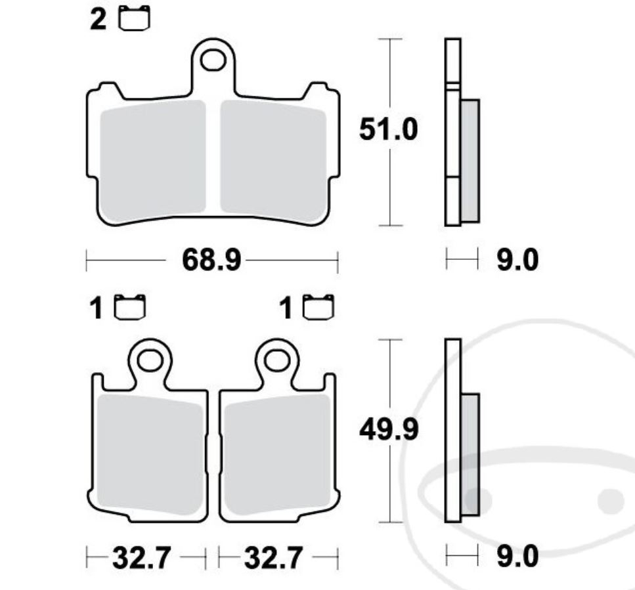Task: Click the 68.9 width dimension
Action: [x=211, y=261]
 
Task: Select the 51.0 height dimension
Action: [x=387, y=129]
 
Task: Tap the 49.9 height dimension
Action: [x=388, y=430]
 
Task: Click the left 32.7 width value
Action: [x=142, y=559]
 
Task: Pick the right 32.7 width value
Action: [x=273, y=559]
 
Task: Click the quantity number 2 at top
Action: [x=98, y=20]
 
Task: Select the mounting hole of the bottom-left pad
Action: [x=150, y=360]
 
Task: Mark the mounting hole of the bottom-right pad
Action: [x=277, y=360]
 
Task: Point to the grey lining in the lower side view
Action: [x=470, y=453]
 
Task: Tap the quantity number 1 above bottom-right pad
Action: [x=286, y=308]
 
